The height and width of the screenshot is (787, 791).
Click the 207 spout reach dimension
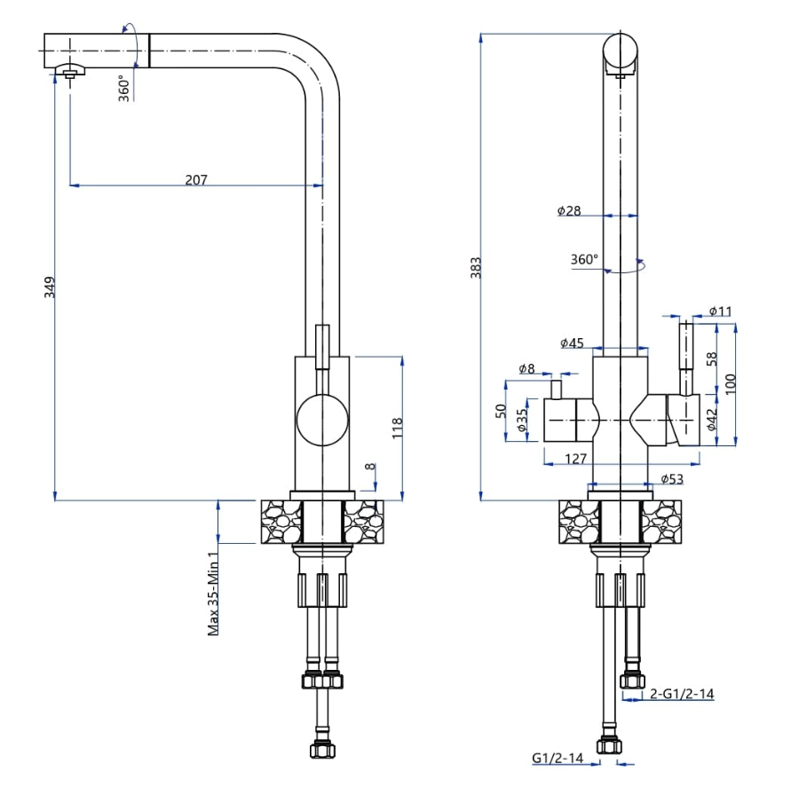[x=196, y=179]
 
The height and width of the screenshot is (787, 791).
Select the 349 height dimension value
[x=50, y=287]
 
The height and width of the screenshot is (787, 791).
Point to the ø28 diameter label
[x=569, y=210]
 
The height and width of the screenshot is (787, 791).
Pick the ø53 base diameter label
[x=672, y=480]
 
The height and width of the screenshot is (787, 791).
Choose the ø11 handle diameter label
[x=720, y=311]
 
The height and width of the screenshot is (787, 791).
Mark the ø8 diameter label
[x=526, y=369]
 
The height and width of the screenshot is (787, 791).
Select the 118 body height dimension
[x=397, y=428]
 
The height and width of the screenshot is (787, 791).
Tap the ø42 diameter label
[x=711, y=418]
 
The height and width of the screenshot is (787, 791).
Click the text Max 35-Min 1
[x=213, y=592]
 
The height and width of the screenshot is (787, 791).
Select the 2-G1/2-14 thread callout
[x=682, y=694]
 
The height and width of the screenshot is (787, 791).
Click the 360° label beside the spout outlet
[x=124, y=90]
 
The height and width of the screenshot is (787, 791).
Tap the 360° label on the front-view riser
[x=584, y=260]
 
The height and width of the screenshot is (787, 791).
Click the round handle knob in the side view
[x=322, y=421]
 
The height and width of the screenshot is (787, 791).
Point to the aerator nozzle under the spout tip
[x=69, y=73]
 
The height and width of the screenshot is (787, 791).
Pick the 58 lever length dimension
[x=711, y=360]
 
